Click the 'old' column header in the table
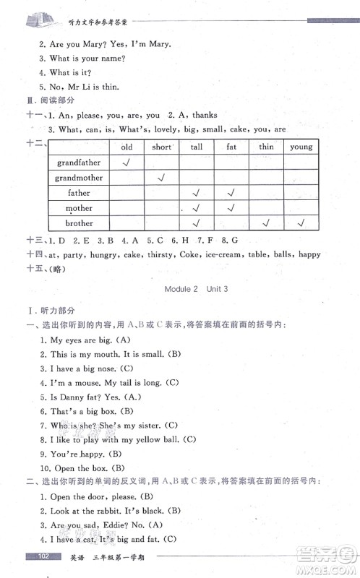pyautogui.click(x=127, y=147)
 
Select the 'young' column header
pyautogui.click(x=301, y=147)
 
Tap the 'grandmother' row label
pyautogui.click(x=80, y=178)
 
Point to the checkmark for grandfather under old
pyautogui.click(x=127, y=163)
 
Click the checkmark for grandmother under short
pyautogui.click(x=162, y=178)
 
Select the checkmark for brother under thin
pyautogui.click(x=266, y=224)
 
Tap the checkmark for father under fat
pyautogui.click(x=231, y=193)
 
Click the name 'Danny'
pyautogui.click(x=70, y=397)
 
